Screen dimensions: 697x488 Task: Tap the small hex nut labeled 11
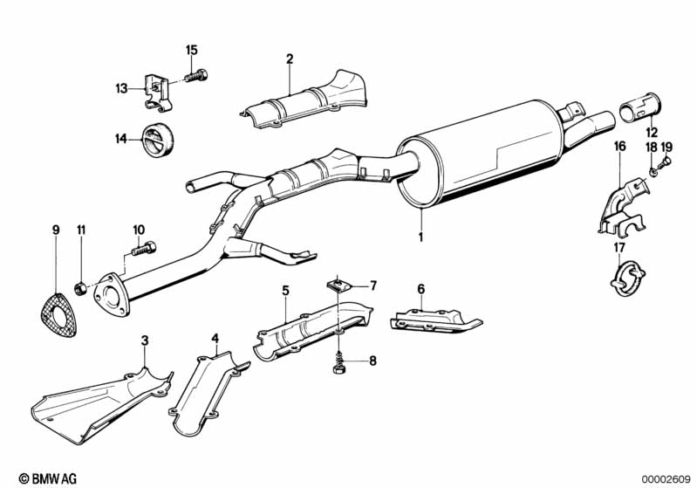click(x=79, y=289)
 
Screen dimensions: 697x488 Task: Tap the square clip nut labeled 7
click(x=339, y=285)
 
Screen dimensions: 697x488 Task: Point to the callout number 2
click(x=290, y=58)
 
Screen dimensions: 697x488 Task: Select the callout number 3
click(x=145, y=340)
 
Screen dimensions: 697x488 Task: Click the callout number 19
click(x=666, y=148)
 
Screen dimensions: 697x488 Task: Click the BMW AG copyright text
click(x=48, y=478)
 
